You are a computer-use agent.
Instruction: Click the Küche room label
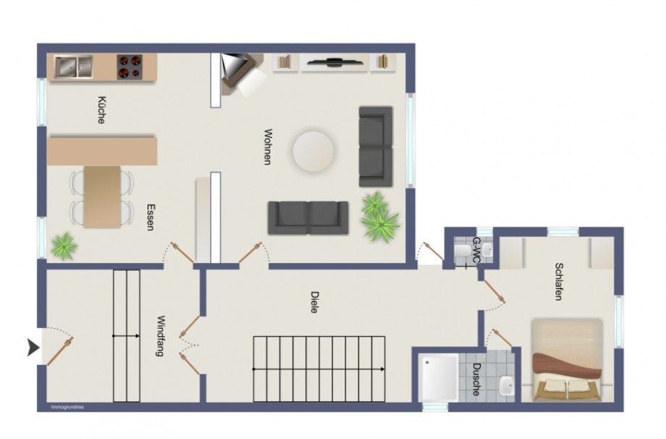point(101,111)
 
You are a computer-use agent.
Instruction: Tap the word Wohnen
point(268,146)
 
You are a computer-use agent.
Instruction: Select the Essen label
point(151,217)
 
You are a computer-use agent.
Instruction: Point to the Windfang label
point(161,335)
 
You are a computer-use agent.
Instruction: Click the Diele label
point(314,302)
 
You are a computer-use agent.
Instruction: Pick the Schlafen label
point(559,281)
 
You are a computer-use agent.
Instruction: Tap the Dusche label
point(477,380)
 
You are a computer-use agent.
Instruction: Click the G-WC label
point(477,250)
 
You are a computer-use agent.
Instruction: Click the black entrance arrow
point(33,348)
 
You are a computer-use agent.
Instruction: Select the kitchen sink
point(74,67)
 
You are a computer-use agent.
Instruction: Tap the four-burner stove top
point(130,67)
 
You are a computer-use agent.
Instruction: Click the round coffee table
point(313,151)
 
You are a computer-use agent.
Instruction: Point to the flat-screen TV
point(335,62)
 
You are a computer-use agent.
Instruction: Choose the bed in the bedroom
point(567,359)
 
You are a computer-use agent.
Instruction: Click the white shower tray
point(439,377)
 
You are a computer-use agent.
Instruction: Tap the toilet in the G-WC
point(462,251)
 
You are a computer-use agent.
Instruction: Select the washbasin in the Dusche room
point(506,385)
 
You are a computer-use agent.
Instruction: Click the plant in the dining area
point(64,246)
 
